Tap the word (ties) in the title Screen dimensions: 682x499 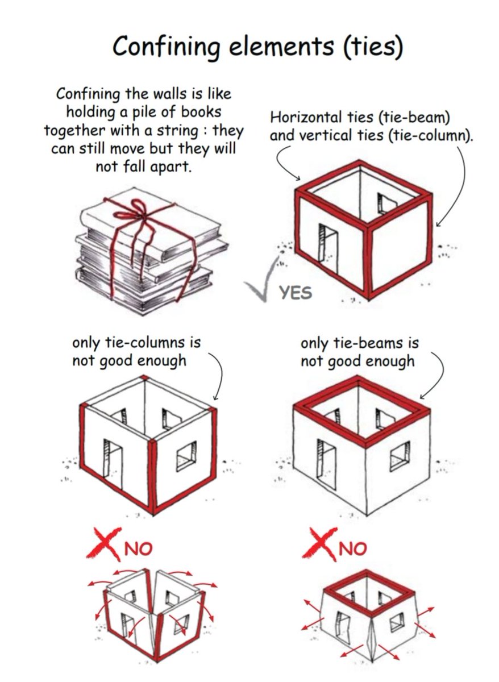click(373, 47)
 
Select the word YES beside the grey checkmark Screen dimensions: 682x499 click(296, 293)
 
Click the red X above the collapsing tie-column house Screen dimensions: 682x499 click(102, 543)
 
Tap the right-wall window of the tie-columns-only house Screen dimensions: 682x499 click(186, 455)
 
